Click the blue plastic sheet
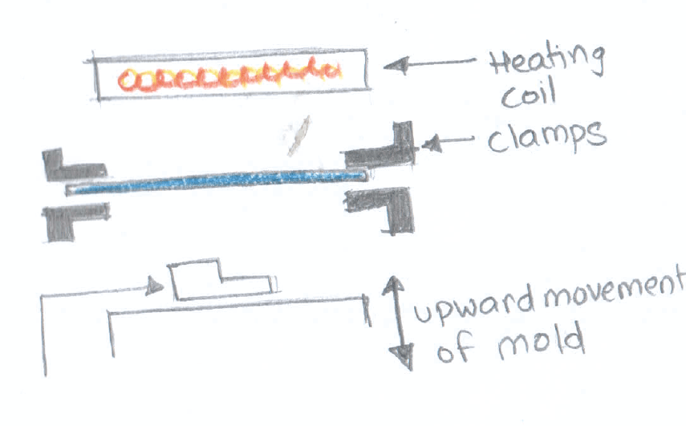[x=217, y=182]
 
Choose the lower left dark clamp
[x=72, y=220]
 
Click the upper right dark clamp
[x=386, y=148]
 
